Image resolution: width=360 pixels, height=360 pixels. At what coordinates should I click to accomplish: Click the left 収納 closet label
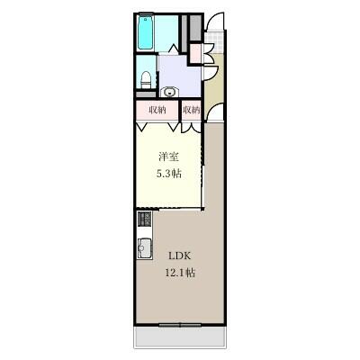(x=157, y=111)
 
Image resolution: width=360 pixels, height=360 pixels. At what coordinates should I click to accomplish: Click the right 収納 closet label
(x=191, y=111)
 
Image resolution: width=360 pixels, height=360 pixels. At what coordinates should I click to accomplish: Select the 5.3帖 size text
(x=168, y=174)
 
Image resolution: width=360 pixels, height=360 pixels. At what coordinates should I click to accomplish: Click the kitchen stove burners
(x=144, y=220)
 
